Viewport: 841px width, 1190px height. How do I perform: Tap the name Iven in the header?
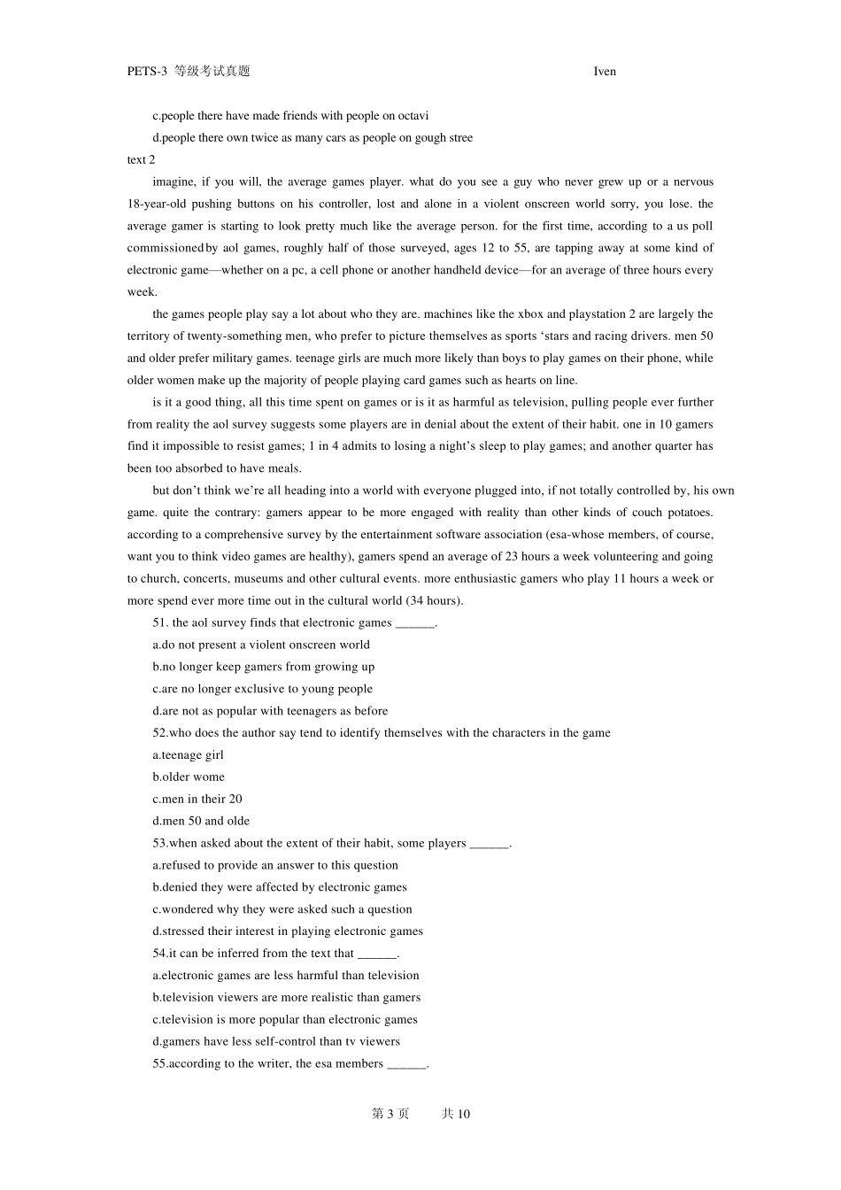[605, 72]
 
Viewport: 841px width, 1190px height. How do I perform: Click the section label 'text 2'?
[141, 160]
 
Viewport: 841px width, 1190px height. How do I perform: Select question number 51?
[160, 623]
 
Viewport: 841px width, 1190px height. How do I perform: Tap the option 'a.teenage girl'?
[188, 755]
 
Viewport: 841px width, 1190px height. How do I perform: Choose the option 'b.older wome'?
[189, 777]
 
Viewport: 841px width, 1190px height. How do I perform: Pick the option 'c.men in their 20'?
[197, 800]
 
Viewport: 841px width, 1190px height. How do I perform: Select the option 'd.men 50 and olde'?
[201, 822]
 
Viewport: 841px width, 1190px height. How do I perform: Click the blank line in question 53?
[490, 845]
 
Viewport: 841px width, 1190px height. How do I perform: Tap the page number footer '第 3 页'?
[390, 1114]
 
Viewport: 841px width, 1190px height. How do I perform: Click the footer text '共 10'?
[456, 1114]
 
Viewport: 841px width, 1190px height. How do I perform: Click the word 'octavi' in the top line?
[413, 116]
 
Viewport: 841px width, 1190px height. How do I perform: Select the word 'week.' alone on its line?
[142, 292]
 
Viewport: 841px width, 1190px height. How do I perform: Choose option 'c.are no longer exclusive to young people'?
[262, 689]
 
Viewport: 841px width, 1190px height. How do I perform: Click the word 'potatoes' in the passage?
[687, 513]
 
